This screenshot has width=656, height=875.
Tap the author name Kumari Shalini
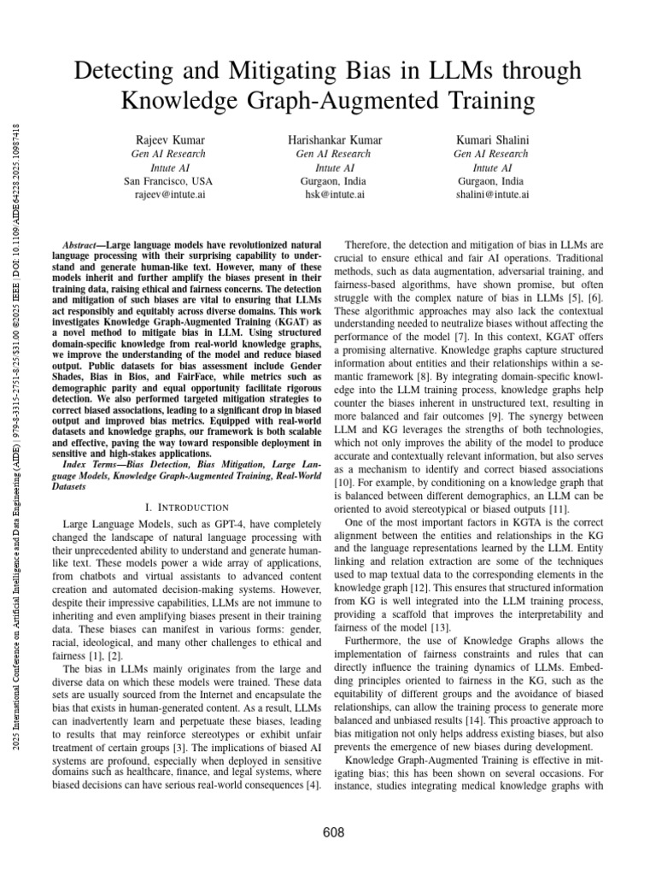(x=491, y=139)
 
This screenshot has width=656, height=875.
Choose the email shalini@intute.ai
(x=491, y=194)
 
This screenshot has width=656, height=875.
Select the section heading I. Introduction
(x=188, y=507)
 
